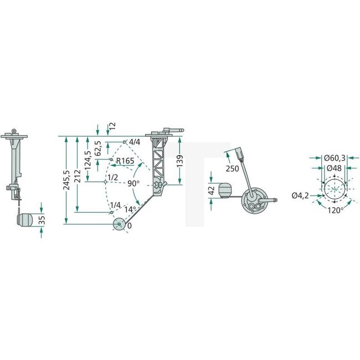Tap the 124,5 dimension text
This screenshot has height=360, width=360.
[x=87, y=161]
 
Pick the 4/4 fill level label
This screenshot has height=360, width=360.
[x=135, y=142]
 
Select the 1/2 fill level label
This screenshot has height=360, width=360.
[x=113, y=178]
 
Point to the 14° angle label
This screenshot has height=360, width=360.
[x=129, y=209]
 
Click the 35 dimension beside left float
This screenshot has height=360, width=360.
[x=42, y=220]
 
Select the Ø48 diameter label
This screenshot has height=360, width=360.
[x=334, y=167]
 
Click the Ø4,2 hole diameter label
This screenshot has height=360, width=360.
[x=301, y=196]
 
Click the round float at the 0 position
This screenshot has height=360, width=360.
[x=119, y=224]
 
